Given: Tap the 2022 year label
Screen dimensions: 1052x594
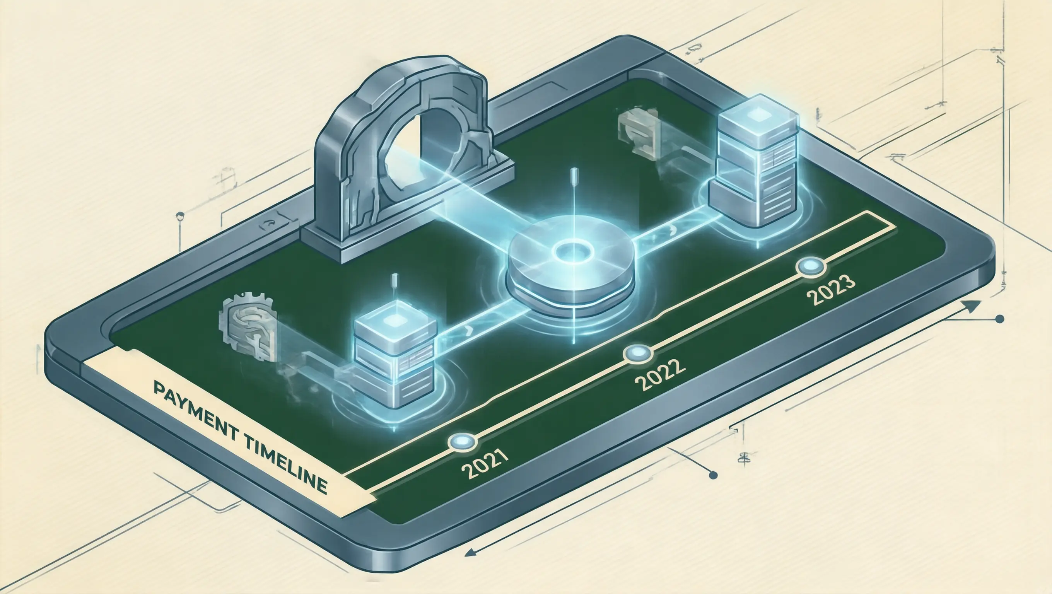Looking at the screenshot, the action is [659, 375].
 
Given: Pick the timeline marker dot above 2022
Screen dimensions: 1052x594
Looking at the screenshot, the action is [638, 353].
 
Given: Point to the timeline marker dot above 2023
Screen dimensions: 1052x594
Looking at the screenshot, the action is [811, 267].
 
